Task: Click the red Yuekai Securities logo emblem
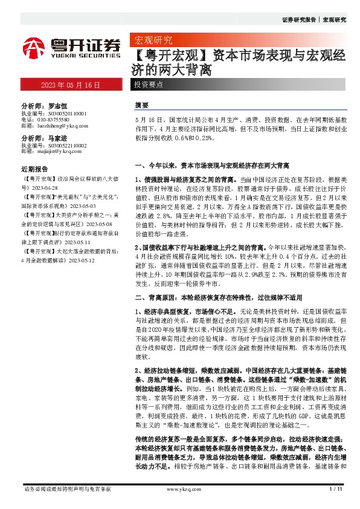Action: pyautogui.click(x=34, y=47)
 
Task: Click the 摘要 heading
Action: pyautogui.click(x=142, y=105)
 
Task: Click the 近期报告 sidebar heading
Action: pyautogui.click(x=34, y=169)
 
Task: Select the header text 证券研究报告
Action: pyautogui.click(x=298, y=20)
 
